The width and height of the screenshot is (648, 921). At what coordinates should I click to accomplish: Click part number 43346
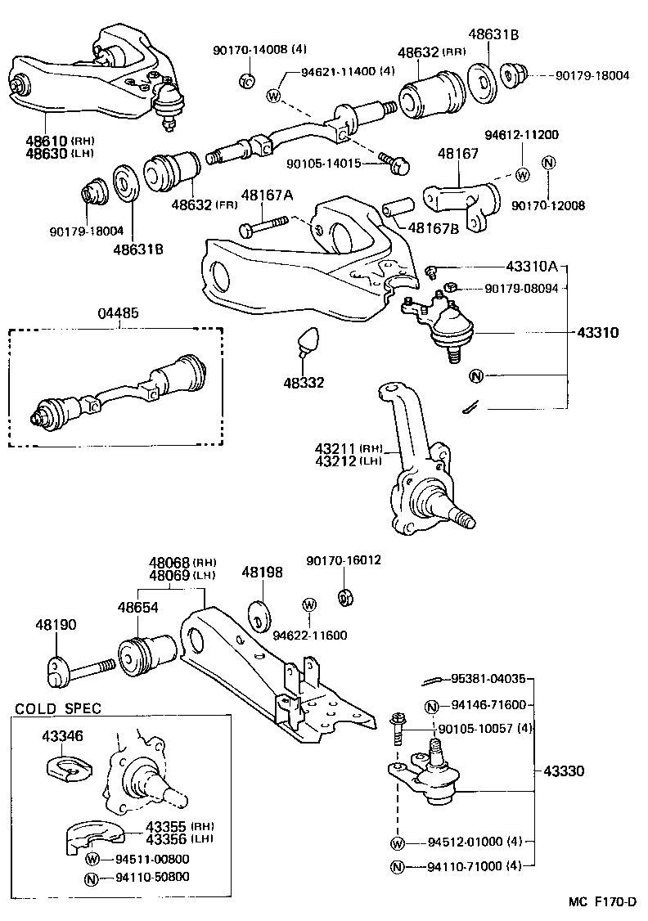[62, 735]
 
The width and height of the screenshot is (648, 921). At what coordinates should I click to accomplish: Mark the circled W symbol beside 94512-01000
[398, 843]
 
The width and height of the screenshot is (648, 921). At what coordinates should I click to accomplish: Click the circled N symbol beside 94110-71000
[398, 866]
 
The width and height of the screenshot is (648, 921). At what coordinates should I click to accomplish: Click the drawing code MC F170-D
[603, 902]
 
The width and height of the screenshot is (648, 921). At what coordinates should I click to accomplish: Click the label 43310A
[531, 267]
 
